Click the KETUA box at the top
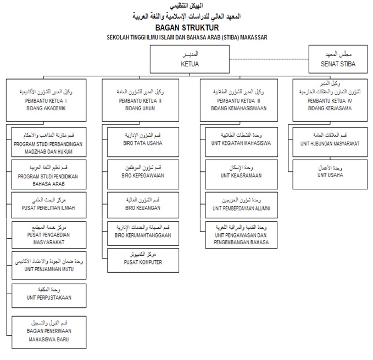[189, 59]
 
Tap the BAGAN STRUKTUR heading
[187, 27]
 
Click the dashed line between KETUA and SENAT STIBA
[269, 58]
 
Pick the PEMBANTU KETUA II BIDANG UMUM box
[142, 100]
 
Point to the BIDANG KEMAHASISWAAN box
[236, 100]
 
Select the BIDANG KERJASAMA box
[330, 100]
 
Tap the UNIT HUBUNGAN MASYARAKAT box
[330, 140]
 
